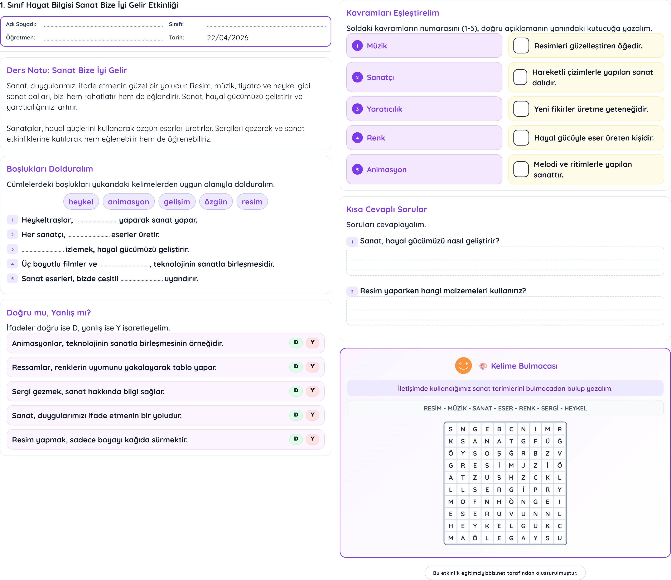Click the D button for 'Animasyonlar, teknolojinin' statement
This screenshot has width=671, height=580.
[296, 342]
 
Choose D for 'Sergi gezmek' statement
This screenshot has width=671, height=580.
[296, 391]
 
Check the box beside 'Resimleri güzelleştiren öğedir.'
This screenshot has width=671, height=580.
[521, 46]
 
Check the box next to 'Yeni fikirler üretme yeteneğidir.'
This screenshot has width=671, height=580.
[521, 109]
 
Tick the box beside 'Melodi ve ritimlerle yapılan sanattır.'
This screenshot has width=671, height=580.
[521, 170]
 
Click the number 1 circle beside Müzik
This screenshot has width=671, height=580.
[357, 46]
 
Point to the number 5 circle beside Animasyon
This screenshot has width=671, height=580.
[357, 170]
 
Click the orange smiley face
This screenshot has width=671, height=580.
[463, 366]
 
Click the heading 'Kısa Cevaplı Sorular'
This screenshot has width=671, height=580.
[386, 209]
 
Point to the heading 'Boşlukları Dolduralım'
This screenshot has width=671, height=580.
[50, 169]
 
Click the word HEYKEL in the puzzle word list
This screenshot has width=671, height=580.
[575, 408]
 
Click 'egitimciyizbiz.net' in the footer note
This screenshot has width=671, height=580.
[483, 573]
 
